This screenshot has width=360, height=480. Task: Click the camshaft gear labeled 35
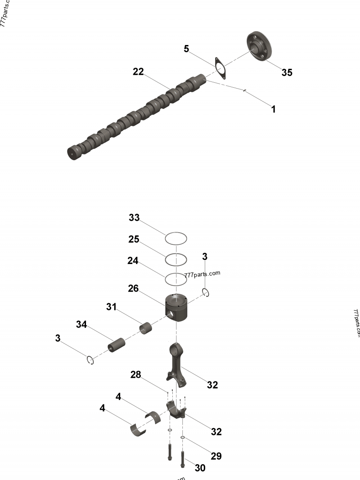(260, 45)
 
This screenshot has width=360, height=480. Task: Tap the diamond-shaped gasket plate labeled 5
(220, 68)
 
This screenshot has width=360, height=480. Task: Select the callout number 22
(138, 72)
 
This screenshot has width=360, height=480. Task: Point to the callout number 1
(273, 109)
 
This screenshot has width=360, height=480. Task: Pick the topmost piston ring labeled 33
(176, 238)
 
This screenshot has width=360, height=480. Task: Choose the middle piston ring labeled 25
(176, 259)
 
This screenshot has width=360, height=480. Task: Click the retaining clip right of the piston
(207, 292)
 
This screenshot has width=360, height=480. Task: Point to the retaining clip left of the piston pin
(90, 359)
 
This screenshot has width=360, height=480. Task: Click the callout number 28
(136, 375)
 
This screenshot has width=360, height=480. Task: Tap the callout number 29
(216, 456)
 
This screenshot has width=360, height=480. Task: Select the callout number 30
(200, 468)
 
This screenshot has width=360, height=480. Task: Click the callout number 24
(134, 260)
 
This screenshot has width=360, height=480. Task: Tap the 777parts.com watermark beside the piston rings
(202, 274)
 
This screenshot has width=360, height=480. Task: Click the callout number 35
(287, 72)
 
